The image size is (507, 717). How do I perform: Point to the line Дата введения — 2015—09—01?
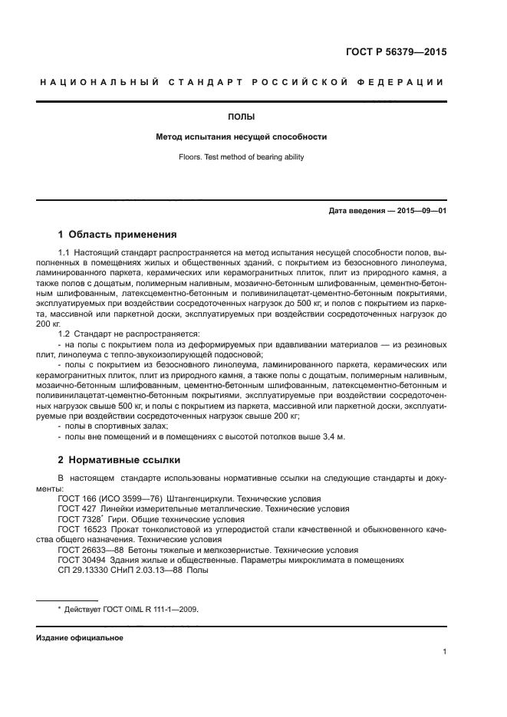point(387,210)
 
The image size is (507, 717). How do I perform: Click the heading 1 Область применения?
point(118,235)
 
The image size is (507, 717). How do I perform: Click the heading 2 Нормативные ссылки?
point(120,460)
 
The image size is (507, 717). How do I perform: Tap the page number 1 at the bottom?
point(444,652)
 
